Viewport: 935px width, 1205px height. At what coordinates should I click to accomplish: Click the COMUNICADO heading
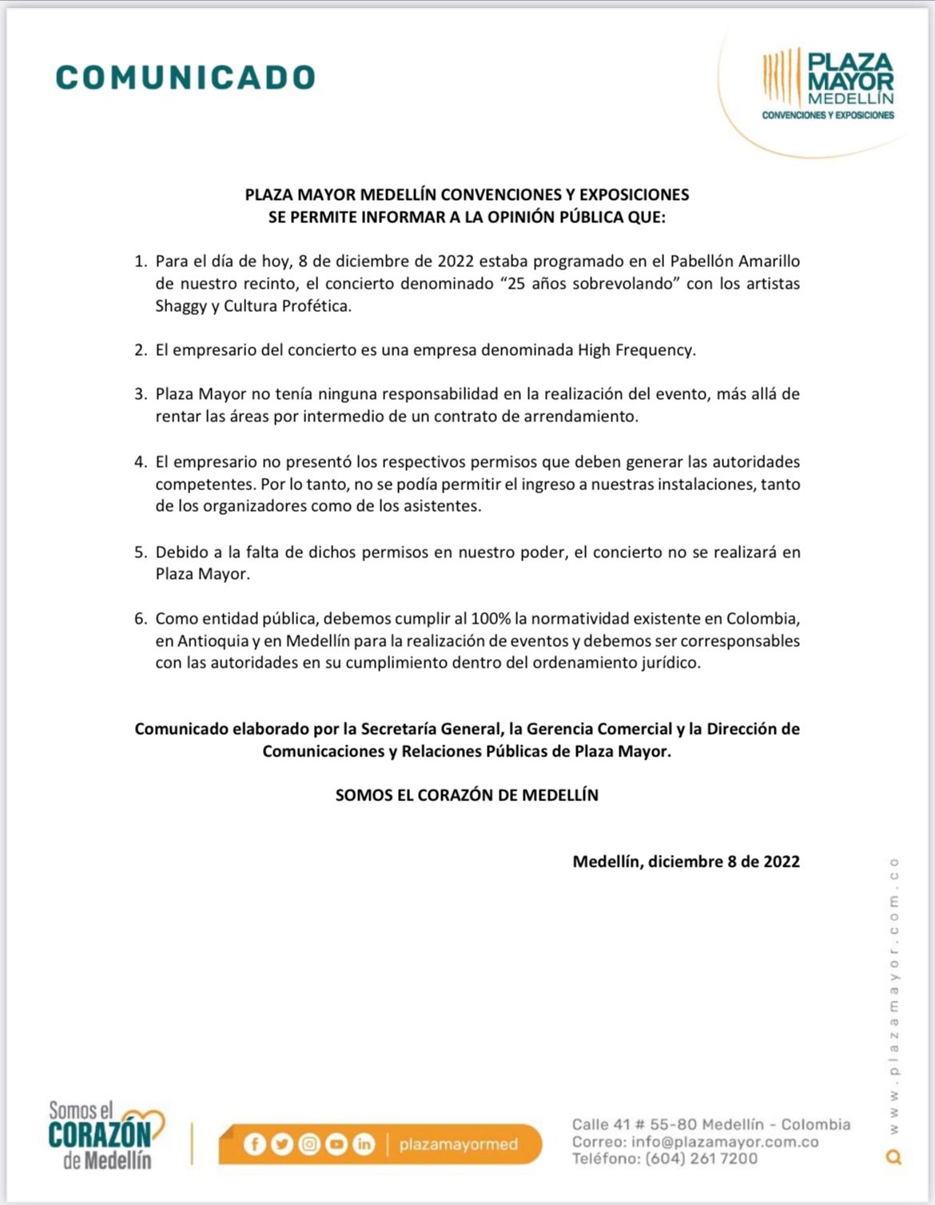pyautogui.click(x=185, y=78)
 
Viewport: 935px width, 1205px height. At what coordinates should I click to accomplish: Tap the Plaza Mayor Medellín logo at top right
pyautogui.click(x=828, y=84)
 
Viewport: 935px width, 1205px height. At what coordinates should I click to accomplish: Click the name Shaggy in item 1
pyautogui.click(x=181, y=306)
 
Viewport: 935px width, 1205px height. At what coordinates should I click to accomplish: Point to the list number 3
pyautogui.click(x=140, y=394)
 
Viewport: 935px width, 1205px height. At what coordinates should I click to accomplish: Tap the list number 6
pyautogui.click(x=140, y=619)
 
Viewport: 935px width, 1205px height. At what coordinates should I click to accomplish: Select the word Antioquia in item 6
pyautogui.click(x=213, y=641)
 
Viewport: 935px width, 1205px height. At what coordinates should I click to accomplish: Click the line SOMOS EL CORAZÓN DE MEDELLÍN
pyautogui.click(x=467, y=796)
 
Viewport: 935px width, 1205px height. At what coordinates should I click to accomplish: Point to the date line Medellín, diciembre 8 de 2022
pyautogui.click(x=686, y=862)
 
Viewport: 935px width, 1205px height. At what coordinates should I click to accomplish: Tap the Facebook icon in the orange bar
pyautogui.click(x=254, y=1145)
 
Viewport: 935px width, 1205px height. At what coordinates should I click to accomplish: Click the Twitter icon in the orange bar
pyautogui.click(x=281, y=1145)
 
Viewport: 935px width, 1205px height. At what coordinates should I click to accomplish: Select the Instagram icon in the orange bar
pyautogui.click(x=309, y=1145)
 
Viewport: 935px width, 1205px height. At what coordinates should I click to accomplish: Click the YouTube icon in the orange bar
pyautogui.click(x=336, y=1145)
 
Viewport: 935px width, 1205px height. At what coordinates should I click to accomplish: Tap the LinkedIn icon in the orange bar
pyautogui.click(x=364, y=1145)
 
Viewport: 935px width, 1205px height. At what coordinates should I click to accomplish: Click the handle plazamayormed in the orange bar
pyautogui.click(x=458, y=1145)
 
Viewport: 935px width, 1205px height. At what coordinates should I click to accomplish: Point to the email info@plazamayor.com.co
pyautogui.click(x=724, y=1143)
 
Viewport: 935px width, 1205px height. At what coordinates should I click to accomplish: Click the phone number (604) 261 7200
pyautogui.click(x=701, y=1159)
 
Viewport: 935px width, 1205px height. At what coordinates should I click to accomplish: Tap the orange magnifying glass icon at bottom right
pyautogui.click(x=894, y=1157)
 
